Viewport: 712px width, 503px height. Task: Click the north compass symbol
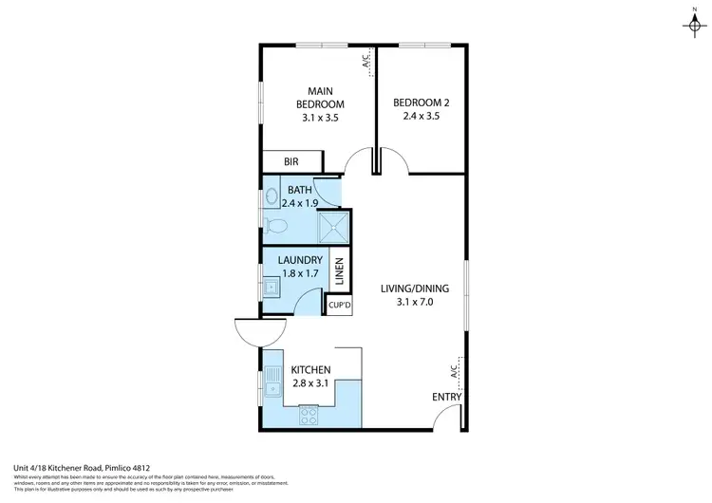coord(688,21)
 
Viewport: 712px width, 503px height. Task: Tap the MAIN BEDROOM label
coord(320,97)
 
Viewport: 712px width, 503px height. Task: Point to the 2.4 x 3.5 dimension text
coord(421,117)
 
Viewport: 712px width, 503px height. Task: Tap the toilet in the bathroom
coord(276,224)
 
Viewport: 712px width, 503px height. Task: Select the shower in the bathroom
coord(331,226)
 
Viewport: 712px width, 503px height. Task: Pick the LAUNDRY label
coord(300,260)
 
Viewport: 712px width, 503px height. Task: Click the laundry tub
coord(271,286)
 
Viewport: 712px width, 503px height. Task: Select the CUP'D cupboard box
coord(339,306)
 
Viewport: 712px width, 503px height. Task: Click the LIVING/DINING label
coord(415,289)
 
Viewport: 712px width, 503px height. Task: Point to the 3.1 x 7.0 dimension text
coord(415,303)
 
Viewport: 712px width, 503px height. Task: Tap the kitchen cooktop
coord(310,415)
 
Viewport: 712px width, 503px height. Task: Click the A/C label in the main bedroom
coord(365,62)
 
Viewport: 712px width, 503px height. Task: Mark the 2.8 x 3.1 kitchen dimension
coord(310,383)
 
